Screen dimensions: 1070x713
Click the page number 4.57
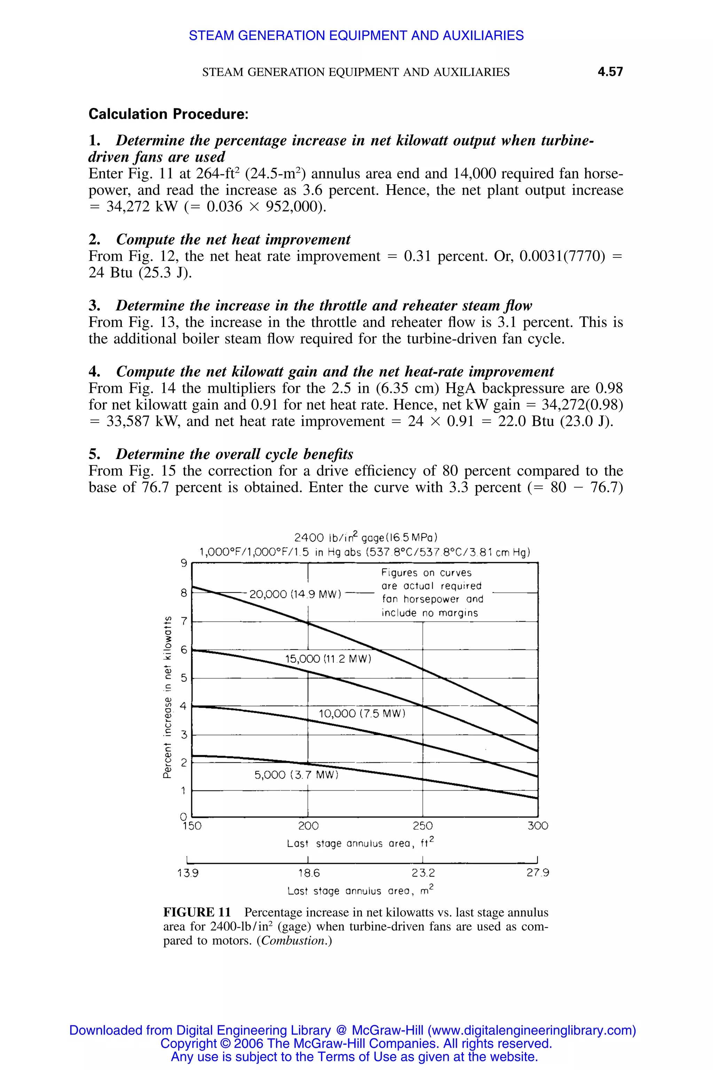(610, 72)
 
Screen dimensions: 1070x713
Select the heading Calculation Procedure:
(168, 114)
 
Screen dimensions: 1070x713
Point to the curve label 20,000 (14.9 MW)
(296, 594)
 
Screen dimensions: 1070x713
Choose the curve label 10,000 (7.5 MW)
(361, 713)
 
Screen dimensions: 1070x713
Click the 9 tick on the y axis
(184, 563)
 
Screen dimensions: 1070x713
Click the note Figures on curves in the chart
(426, 573)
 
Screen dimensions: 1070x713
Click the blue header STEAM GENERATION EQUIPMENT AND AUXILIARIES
(356, 36)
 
